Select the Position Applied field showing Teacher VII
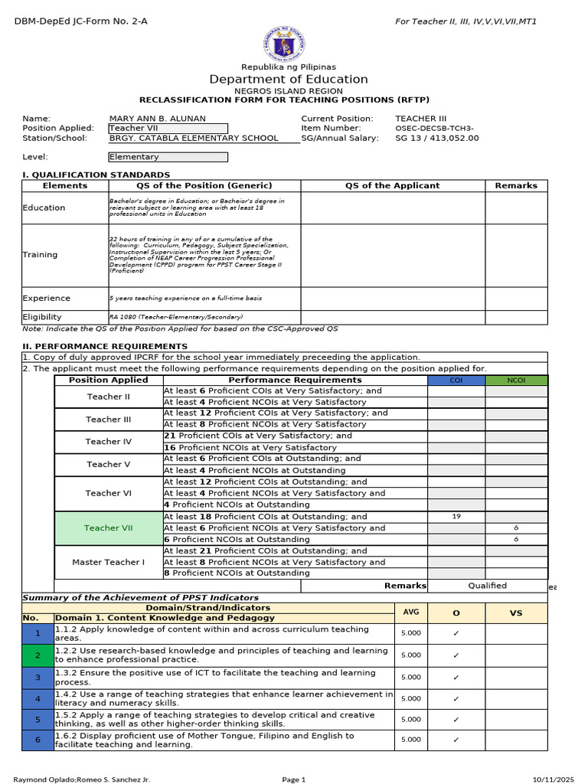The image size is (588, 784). (168, 129)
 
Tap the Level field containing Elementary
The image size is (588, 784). (168, 157)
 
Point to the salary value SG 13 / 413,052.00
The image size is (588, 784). (436, 139)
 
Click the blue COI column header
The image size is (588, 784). (456, 381)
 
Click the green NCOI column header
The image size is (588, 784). (517, 381)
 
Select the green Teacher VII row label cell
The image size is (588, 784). (108, 528)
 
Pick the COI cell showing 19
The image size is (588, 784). (456, 517)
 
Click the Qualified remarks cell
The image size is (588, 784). (488, 586)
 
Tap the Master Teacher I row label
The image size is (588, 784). (108, 562)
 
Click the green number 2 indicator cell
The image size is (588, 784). (38, 655)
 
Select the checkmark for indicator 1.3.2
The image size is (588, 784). (456, 677)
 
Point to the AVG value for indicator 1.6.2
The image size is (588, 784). (410, 740)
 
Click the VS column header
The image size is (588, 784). (516, 613)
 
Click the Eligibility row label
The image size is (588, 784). (42, 317)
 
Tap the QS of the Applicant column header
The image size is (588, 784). (393, 185)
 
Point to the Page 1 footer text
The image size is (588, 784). (294, 779)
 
